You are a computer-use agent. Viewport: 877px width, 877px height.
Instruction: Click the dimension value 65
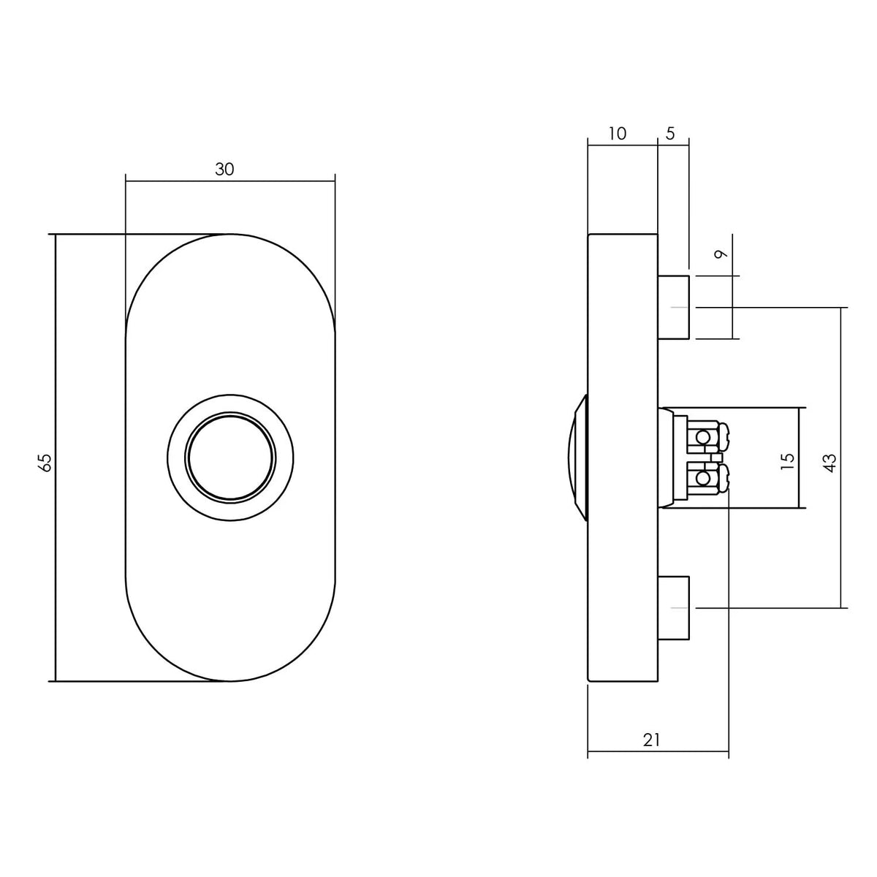[x=46, y=463]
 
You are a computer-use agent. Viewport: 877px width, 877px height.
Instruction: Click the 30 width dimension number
[x=224, y=170]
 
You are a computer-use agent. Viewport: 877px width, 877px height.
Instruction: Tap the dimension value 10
[x=617, y=134]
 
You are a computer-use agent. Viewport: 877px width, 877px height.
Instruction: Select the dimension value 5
[x=670, y=133]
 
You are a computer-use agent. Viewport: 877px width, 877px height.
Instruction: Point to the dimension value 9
[x=721, y=254]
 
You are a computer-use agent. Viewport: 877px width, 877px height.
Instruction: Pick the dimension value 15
[x=787, y=461]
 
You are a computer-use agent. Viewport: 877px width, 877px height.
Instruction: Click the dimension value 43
[x=830, y=463]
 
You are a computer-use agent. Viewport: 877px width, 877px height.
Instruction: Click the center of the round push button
[x=230, y=458]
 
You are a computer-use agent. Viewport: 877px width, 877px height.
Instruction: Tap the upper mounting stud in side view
[x=674, y=308]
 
